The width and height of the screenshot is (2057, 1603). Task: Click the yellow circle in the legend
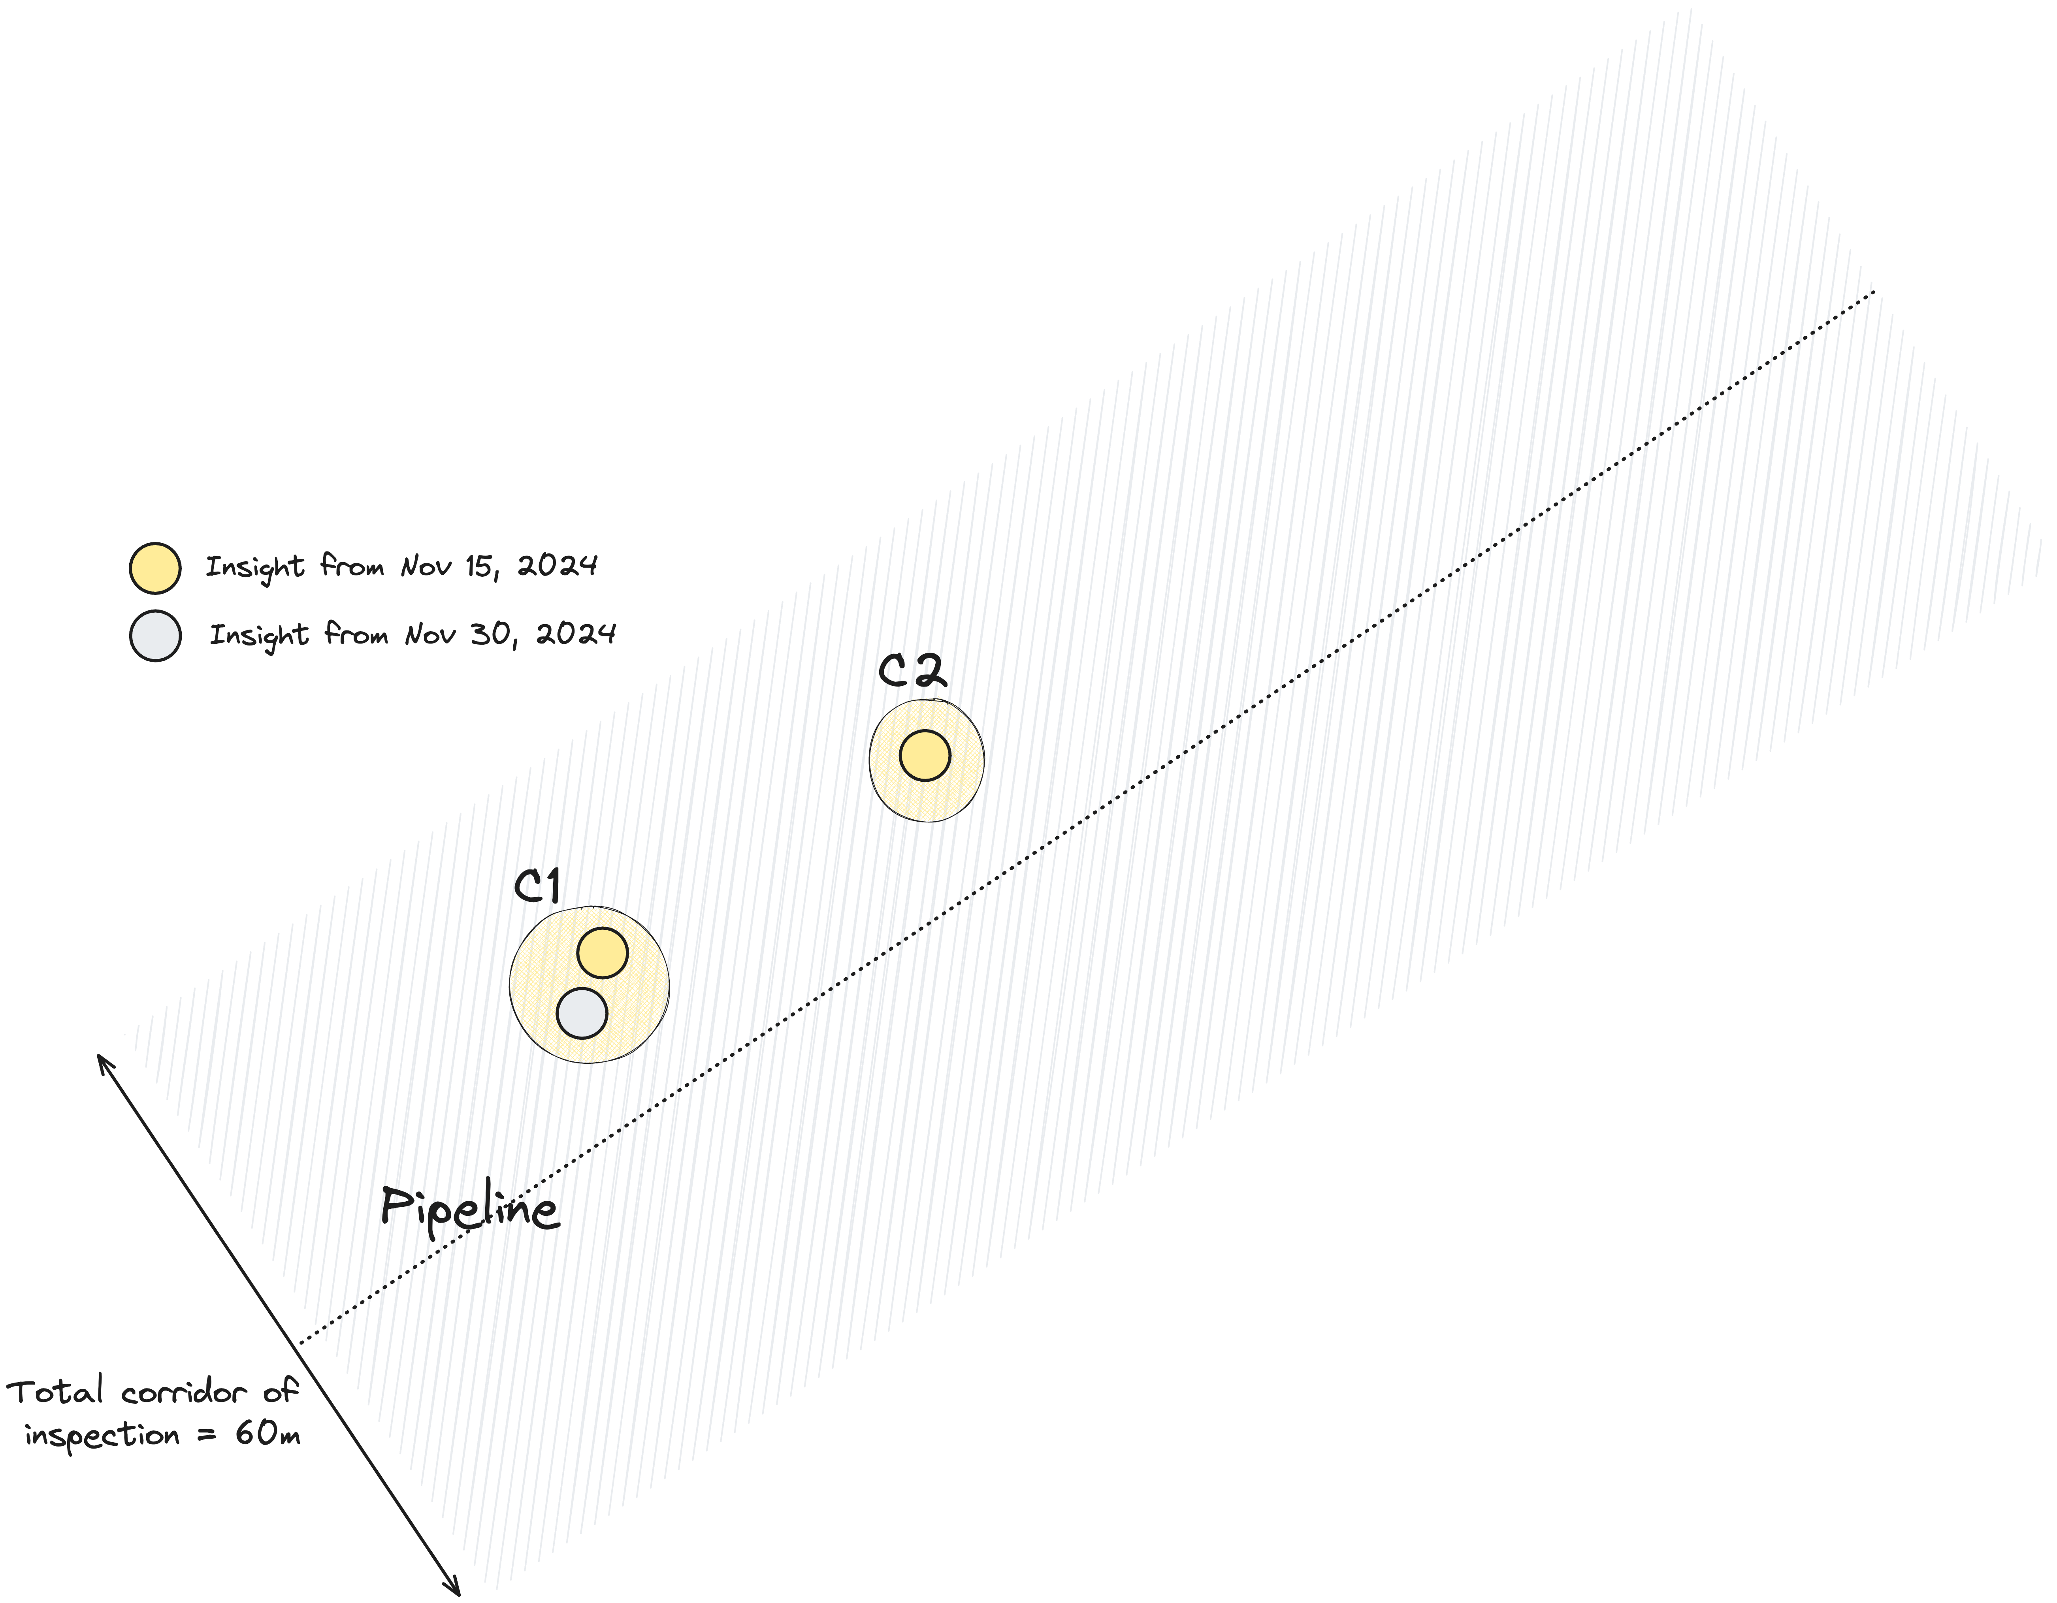click(x=154, y=568)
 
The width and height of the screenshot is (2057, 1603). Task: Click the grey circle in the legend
click(x=154, y=636)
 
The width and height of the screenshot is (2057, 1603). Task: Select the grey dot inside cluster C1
click(x=582, y=1013)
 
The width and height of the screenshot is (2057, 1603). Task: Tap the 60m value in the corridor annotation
click(x=267, y=1434)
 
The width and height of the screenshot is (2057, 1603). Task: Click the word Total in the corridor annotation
click(x=55, y=1391)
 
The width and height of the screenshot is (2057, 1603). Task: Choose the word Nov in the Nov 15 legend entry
click(x=426, y=566)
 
